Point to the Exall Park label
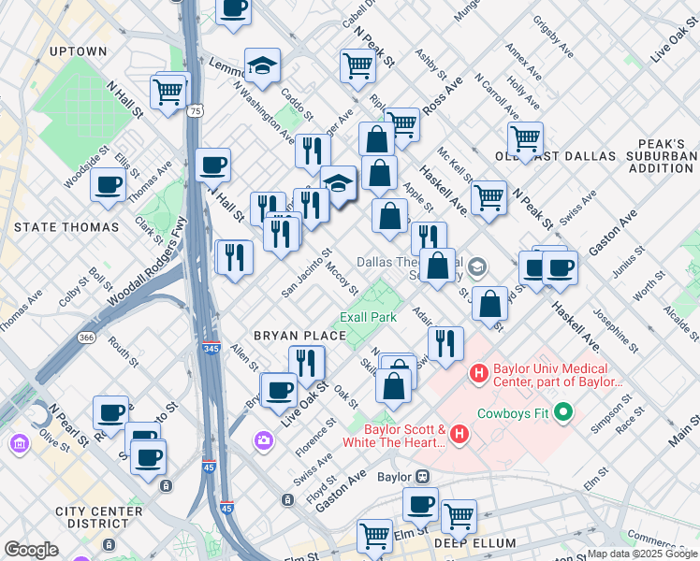click(368, 317)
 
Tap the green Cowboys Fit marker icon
click(562, 411)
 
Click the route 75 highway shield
click(195, 110)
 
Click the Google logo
click(31, 550)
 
